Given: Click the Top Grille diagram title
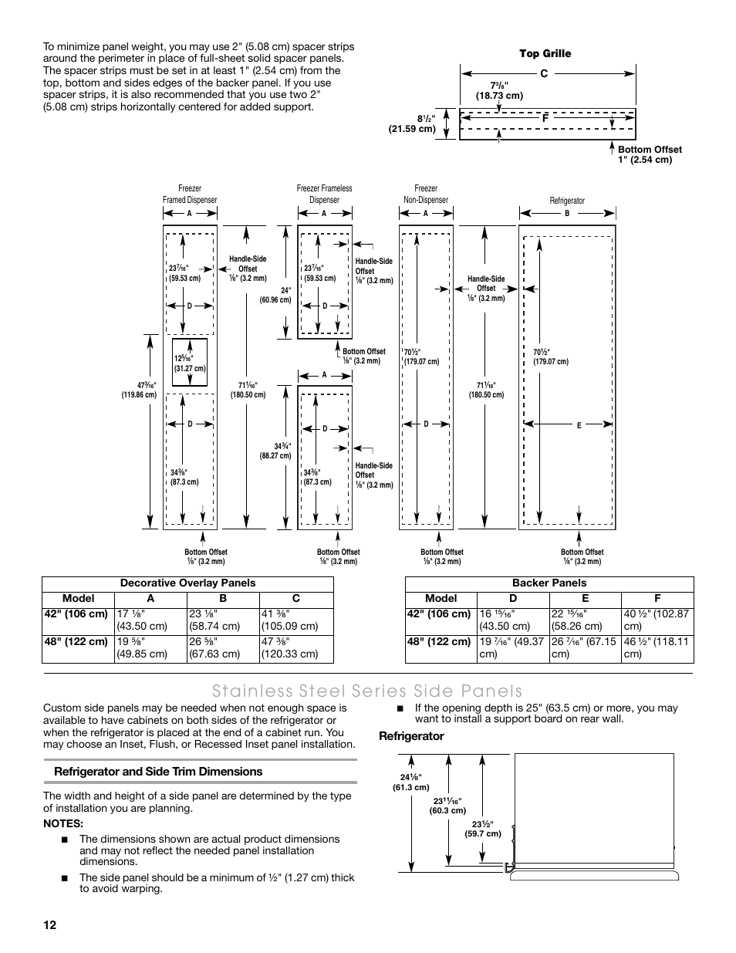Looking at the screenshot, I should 545,53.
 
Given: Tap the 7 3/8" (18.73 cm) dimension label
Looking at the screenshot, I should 499,90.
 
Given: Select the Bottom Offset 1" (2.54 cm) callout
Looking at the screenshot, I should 650,154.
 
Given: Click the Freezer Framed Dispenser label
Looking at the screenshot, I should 190,194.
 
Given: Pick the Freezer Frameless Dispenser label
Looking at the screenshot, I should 324,194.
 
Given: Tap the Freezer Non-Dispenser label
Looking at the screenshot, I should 426,194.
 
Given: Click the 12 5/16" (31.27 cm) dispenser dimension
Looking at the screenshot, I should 190,363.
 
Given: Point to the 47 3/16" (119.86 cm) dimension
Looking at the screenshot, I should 139,390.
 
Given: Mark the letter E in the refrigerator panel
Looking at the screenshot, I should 579,425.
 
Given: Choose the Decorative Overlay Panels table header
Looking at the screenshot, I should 187,583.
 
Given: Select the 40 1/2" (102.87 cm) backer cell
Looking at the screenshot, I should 657,620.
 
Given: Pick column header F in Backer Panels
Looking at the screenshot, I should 657,598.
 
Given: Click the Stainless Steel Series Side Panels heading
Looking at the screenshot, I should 368,691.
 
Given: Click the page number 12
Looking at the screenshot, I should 50,925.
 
